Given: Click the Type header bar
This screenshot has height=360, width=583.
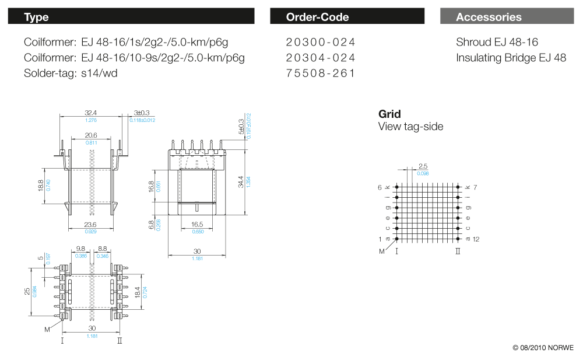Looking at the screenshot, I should coord(131,17).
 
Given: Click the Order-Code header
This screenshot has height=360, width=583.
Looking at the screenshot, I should coord(347,17).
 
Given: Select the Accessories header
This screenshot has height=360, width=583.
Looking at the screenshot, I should coord(507,17).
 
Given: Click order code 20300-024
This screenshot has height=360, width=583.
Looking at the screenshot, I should coord(320,42).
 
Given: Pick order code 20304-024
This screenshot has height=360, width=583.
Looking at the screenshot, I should coord(320,58).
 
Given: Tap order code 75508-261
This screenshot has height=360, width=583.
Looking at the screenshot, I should coord(320,74).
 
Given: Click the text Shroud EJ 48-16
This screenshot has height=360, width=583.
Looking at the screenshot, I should coord(497,42).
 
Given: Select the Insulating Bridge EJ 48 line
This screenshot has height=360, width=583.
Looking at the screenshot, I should coord(511,58).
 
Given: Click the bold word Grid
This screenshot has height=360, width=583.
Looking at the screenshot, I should coord(389,114).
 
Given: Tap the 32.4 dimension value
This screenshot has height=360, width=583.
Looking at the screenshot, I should coord(91,113).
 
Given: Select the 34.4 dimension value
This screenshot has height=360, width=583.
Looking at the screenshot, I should coord(240,183).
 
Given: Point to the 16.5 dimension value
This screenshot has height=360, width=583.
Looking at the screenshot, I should coord(197,225).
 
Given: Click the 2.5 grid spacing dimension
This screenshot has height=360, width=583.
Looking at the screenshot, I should coord(423,167).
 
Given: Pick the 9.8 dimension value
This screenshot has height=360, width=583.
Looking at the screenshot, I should coord(80,249).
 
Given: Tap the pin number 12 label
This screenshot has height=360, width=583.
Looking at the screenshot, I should coord(476,239).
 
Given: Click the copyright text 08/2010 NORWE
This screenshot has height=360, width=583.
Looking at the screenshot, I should coord(543,348).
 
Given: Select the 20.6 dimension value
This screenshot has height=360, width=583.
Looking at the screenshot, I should coord(91,135).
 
